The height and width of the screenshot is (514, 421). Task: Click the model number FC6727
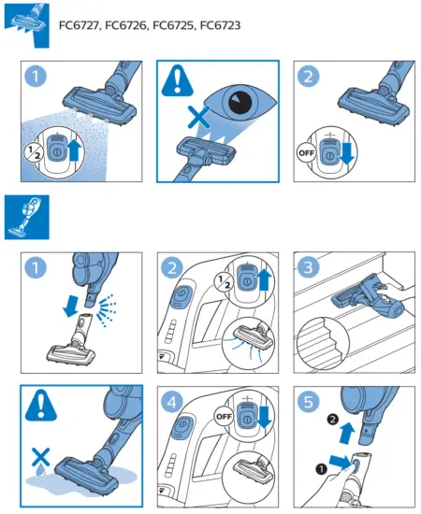79,25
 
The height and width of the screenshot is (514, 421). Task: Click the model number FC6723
220,25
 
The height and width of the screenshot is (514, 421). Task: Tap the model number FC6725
173,25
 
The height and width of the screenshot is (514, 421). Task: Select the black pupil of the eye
240,102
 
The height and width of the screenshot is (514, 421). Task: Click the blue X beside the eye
198,117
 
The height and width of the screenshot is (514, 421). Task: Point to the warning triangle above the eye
178,80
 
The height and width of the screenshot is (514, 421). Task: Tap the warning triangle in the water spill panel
41,406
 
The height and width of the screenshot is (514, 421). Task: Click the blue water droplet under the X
40,471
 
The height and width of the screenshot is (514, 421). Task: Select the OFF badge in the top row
306,152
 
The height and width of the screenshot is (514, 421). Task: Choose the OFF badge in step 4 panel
225,416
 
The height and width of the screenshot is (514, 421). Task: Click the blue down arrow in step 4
264,416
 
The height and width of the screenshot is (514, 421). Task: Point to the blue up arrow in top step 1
74,150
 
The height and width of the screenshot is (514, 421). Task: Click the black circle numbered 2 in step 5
333,420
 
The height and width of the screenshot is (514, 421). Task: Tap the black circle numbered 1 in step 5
321,469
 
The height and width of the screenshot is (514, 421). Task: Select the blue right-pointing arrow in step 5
341,462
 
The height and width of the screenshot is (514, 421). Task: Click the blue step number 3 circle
308,267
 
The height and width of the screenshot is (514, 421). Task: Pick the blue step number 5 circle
308,401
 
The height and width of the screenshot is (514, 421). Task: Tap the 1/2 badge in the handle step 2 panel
225,282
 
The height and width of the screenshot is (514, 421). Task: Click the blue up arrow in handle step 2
264,279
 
